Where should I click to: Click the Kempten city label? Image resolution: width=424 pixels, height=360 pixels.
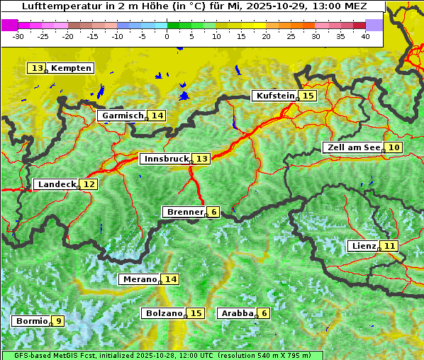tap(71, 68)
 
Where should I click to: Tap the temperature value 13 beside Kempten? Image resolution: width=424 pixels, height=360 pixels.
tap(37, 68)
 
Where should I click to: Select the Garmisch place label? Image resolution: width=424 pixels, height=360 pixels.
tap(122, 116)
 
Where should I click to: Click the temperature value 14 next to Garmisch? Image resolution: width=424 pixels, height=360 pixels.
tap(157, 116)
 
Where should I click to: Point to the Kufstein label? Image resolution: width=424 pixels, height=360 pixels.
tap(274, 96)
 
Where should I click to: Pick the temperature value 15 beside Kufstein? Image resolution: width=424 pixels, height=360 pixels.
tap(308, 96)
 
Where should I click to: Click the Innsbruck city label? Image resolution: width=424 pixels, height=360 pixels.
tap(165, 159)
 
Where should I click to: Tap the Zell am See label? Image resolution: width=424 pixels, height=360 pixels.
tap(352, 147)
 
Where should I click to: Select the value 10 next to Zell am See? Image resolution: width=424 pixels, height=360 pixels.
tap(394, 147)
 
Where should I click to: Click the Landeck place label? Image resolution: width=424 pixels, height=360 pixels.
tap(56, 184)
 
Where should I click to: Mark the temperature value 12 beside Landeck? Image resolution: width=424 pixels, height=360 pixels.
tap(89, 184)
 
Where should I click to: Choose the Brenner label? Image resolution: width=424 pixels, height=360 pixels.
tap(184, 212)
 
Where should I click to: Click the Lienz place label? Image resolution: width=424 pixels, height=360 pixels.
tap(363, 246)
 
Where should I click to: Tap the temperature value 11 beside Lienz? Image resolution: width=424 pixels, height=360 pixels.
tap(390, 246)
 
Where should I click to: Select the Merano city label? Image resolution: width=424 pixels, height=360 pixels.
tap(139, 279)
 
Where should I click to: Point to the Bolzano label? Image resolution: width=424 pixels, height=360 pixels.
tap(164, 313)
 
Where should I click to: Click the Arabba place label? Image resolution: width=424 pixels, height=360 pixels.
tap(237, 313)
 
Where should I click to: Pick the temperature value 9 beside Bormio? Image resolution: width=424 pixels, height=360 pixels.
tap(58, 321)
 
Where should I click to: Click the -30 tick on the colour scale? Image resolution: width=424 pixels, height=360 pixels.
tap(18, 35)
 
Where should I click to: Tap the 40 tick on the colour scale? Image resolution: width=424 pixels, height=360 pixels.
tap(365, 35)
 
